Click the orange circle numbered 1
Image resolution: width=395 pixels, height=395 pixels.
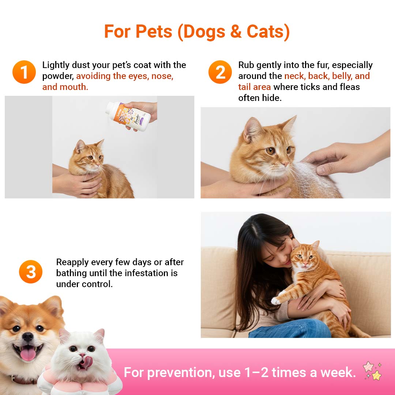24,72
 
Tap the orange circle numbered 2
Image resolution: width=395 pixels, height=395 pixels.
220,72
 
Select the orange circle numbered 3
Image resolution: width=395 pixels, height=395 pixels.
31,272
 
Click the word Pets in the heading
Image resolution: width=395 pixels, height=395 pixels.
154,32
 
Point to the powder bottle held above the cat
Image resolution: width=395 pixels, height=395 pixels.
128,116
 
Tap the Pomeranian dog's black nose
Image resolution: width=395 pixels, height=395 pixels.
28,336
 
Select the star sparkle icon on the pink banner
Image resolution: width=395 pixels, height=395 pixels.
373,371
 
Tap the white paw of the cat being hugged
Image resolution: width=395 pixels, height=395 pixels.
276,301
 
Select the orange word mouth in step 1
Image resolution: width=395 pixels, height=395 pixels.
74,87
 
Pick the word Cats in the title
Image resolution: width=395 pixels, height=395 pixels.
268,32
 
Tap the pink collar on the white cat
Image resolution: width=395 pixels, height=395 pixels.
78,381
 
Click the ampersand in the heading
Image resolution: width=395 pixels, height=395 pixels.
236,32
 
